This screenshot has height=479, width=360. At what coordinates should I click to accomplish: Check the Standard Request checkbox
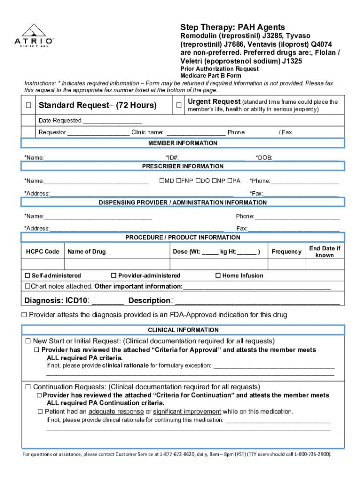pyautogui.click(x=29, y=105)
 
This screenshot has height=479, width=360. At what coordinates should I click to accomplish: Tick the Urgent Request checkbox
pyautogui.click(x=179, y=105)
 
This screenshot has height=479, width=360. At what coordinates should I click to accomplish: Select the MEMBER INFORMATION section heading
pyautogui.click(x=183, y=143)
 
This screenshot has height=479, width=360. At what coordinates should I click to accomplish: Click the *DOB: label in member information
pyautogui.click(x=264, y=158)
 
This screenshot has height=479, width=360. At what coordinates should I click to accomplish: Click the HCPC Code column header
pyautogui.click(x=42, y=252)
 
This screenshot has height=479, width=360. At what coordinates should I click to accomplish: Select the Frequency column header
pyautogui.click(x=286, y=252)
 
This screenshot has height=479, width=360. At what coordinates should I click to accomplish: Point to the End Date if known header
pyautogui.click(x=324, y=252)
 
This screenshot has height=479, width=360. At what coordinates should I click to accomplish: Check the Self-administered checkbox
pyautogui.click(x=28, y=276)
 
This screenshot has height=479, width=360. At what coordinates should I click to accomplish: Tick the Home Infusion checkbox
pyautogui.click(x=218, y=276)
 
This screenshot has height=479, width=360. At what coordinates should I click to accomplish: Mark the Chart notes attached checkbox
pyautogui.click(x=28, y=286)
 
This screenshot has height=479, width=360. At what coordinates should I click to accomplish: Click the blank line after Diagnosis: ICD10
pyautogui.click(x=108, y=301)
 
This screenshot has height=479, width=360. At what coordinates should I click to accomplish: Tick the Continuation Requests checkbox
pyautogui.click(x=28, y=387)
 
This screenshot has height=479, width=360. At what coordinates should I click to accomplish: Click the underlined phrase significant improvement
pyautogui.click(x=187, y=412)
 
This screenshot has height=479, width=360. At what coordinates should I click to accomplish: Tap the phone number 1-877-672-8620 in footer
pyautogui.click(x=179, y=454)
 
